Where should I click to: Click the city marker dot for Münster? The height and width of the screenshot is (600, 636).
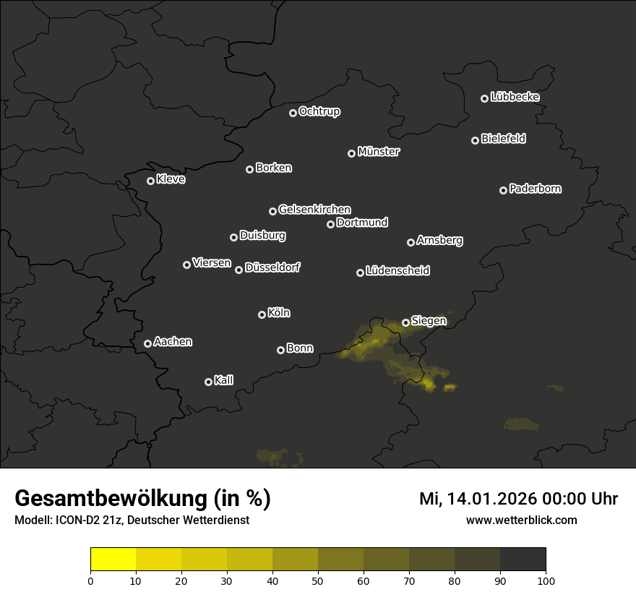coord(352,153)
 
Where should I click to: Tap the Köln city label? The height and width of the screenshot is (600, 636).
coord(279,313)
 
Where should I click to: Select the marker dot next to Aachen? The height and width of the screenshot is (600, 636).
coord(148,343)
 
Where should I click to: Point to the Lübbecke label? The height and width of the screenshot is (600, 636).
coord(515,97)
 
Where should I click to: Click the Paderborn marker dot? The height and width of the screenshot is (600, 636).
coord(504,190)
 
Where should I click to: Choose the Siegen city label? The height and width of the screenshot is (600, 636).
coord(429,320)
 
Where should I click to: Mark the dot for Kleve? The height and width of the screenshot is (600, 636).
coord(151,181)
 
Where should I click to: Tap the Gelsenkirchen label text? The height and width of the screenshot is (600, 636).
coord(314,210)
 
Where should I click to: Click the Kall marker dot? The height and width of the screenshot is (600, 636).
coord(209,382)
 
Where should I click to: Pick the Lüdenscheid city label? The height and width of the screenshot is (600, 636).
coord(397,271)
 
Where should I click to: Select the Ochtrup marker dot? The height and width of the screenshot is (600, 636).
coord(293,113)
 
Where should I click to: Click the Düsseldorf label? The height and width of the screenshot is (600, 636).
coord(272,267)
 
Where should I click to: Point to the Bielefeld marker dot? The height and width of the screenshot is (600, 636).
coord(476,140)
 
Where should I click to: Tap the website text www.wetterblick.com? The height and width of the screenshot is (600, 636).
coord(522,520)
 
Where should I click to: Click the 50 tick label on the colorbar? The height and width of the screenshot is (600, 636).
coord(318,580)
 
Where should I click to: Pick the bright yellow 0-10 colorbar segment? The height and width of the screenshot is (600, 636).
coord(113,560)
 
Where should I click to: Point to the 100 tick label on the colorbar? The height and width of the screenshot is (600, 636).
coord(546,580)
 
